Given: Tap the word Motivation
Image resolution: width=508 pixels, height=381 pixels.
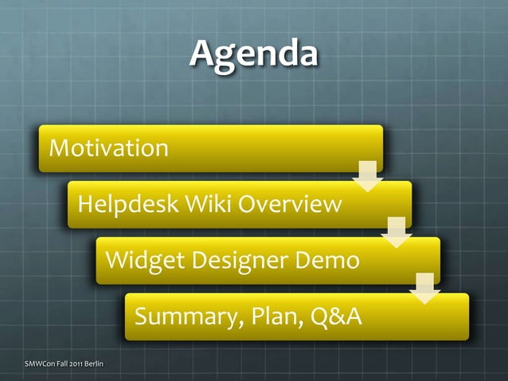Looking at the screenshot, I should (x=108, y=148).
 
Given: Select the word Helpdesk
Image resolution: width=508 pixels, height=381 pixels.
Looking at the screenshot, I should (x=128, y=205).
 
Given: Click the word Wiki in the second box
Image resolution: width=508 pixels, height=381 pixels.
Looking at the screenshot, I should (x=208, y=205).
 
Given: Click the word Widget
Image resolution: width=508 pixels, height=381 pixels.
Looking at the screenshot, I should (x=139, y=261).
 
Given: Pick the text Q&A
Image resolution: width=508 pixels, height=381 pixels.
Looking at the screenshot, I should (x=334, y=317).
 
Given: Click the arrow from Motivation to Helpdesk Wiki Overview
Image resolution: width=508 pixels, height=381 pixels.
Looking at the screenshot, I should (x=367, y=176).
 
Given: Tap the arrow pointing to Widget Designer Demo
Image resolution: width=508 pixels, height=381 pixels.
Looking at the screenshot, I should (x=396, y=232).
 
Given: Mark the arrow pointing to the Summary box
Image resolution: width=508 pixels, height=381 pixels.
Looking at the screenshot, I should (x=424, y=289).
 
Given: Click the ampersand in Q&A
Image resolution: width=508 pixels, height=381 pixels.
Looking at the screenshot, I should (x=334, y=317).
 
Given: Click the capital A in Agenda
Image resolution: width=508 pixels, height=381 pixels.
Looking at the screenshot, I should (x=201, y=53).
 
